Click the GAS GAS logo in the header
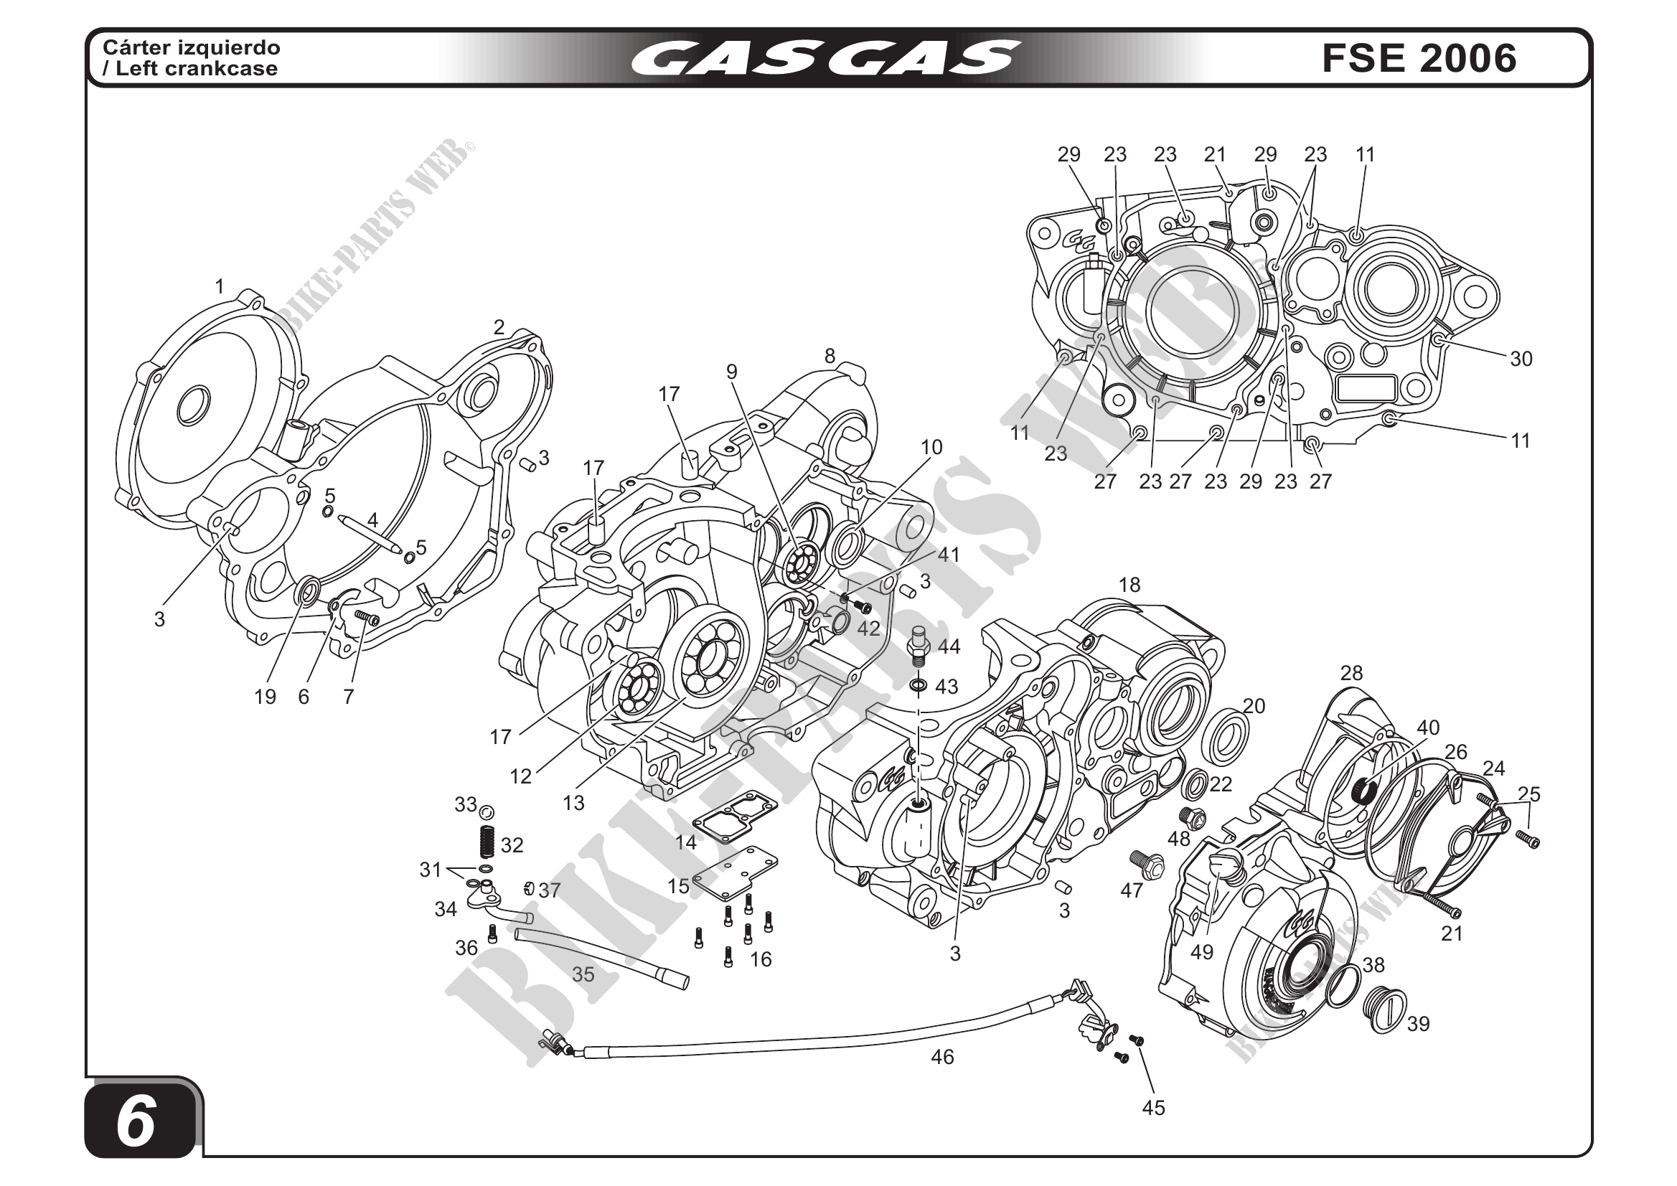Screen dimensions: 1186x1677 825,58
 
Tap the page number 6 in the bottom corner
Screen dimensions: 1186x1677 136,1121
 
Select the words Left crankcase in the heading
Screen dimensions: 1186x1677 197,69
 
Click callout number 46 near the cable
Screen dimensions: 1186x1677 942,1057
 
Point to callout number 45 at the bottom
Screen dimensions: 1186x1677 1153,1108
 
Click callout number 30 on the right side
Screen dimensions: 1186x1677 1521,359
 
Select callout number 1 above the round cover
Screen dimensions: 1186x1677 219,287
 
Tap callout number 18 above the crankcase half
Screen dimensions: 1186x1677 1129,585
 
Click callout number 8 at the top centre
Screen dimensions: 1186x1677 830,357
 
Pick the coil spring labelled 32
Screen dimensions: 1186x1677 487,842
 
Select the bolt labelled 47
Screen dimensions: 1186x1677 1145,864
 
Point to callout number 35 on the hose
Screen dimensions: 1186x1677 583,974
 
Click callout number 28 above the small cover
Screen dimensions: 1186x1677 1351,673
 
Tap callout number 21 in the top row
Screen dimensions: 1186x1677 1215,155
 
